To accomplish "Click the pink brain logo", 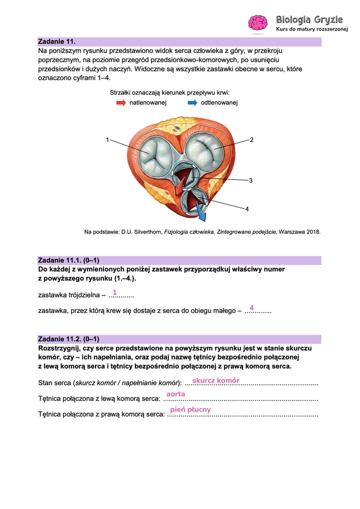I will [258, 23].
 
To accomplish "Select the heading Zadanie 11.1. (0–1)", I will [68, 260].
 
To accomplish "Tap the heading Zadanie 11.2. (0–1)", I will [68, 339].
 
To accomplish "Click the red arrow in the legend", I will [121, 102].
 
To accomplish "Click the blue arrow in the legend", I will [192, 102].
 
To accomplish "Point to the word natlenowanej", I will [148, 102].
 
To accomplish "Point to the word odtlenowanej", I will [219, 102].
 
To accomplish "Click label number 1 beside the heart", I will [107, 140].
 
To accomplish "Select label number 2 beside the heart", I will [251, 140].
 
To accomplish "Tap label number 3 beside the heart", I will [250, 180].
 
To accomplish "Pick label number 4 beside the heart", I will [246, 209].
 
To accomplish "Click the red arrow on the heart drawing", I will [179, 187].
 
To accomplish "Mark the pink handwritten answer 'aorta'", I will [176, 394].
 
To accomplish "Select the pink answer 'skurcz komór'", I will [216, 380].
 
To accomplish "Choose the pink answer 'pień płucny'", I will [190, 409].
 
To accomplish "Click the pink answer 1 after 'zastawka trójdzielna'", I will [114, 292].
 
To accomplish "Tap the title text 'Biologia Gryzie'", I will [309, 20].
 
